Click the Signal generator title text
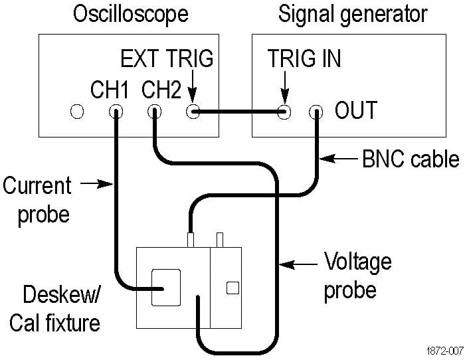tap(353, 13)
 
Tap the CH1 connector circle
tap(116, 112)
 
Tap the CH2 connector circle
tap(155, 112)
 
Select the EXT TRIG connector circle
tap(193, 112)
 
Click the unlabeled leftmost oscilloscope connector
tap(78, 112)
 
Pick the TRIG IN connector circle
tap(285, 112)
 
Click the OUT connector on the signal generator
tap(318, 112)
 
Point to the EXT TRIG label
tap(167, 58)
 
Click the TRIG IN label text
tap(304, 58)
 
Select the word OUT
tap(355, 110)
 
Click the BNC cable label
tap(411, 159)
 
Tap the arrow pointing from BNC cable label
tap(343, 159)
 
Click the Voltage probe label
tap(357, 275)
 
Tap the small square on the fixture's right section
tap(232, 288)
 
